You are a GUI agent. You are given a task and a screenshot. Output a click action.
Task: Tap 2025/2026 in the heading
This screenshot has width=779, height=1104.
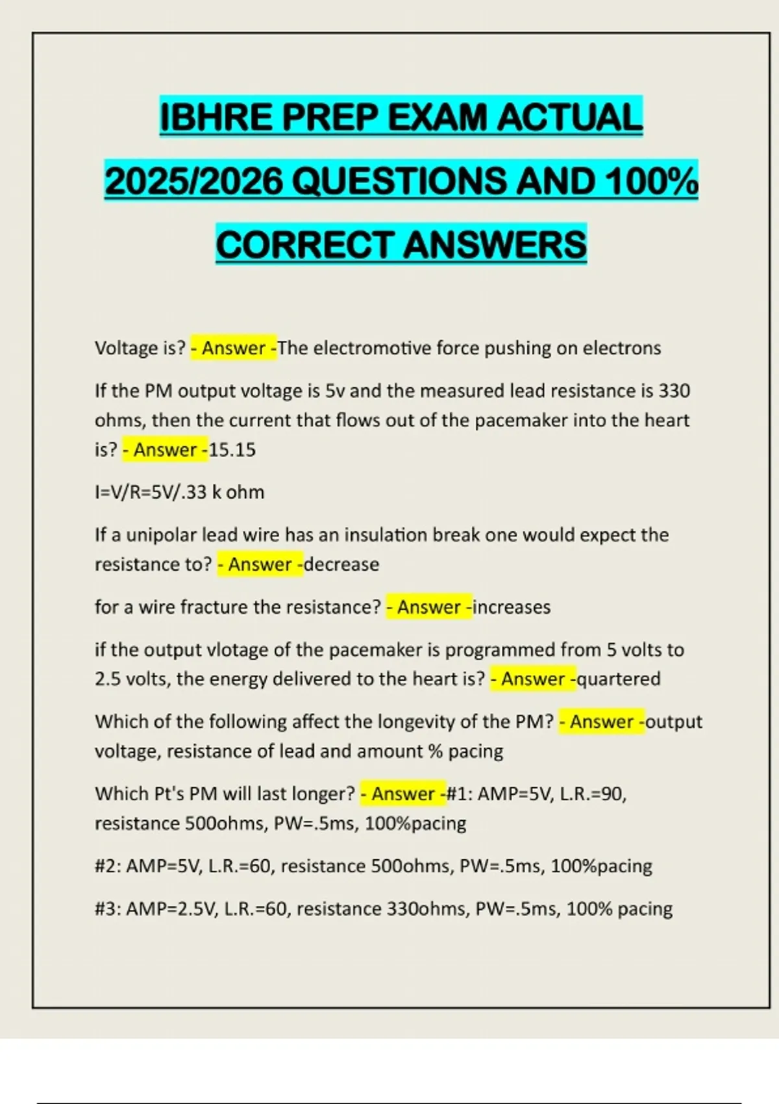[x=193, y=181]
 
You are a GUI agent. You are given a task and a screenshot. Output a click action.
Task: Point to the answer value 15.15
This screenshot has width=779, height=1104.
[x=232, y=450]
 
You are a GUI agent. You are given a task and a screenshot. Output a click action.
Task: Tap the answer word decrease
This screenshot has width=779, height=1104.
[x=341, y=564]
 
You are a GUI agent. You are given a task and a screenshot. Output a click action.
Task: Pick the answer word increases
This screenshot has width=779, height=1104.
[x=512, y=607]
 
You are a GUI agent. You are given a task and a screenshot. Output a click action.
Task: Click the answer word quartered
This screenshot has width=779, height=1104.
[x=619, y=679]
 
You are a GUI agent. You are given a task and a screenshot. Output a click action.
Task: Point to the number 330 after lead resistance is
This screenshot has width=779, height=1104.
[x=674, y=391]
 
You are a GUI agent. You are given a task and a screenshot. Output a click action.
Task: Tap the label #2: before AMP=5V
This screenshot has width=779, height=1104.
[x=108, y=866]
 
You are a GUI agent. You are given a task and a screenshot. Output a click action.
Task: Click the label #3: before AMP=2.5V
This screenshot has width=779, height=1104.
[x=108, y=909]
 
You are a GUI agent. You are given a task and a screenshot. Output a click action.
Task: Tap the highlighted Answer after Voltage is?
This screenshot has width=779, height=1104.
[x=233, y=348]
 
